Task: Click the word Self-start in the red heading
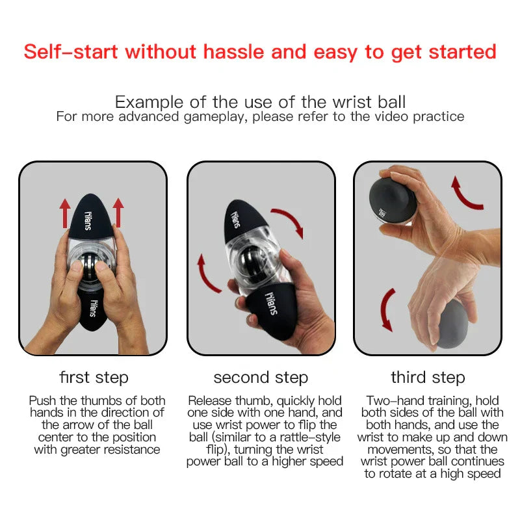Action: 71,52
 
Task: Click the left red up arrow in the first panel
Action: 65,212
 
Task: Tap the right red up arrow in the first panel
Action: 118,212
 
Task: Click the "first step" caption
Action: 94,378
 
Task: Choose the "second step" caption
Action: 261,378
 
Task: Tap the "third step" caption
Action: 428,378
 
